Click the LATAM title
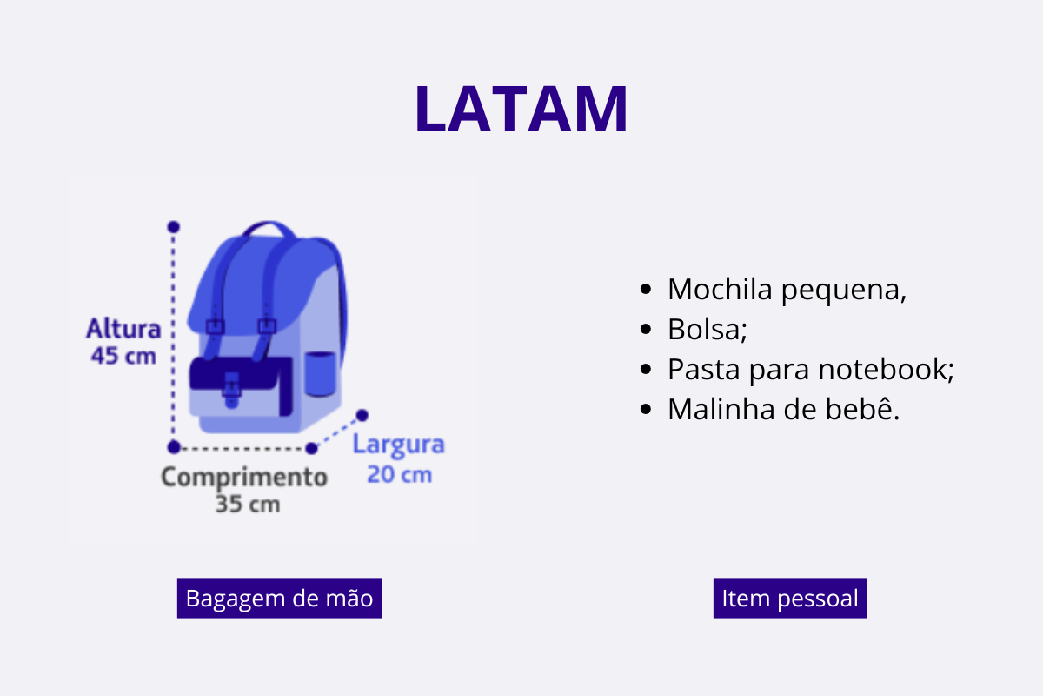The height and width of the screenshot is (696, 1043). point(521,109)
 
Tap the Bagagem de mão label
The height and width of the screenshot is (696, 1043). point(279,598)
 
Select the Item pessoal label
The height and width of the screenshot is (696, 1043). point(790,598)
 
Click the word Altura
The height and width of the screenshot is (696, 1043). point(123,328)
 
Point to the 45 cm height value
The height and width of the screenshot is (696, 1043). point(123,356)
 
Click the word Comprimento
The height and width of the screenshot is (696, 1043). point(244,478)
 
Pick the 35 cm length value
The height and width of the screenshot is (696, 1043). point(248,505)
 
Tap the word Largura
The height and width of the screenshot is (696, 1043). point(399,445)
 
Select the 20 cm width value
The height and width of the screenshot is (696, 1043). point(400,474)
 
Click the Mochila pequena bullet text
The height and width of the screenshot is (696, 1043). point(787,290)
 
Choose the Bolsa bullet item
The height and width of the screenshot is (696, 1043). point(708,329)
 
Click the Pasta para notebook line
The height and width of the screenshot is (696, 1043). point(811,369)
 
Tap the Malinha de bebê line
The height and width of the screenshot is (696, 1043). point(784,409)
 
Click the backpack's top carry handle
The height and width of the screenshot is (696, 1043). point(269,226)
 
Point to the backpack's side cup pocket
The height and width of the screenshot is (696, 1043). point(320,374)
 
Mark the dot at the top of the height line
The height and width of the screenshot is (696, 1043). point(173,227)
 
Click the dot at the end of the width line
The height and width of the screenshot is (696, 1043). point(362,415)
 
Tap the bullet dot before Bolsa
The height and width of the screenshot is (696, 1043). point(645,329)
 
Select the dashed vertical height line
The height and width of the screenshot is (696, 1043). point(173,337)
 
